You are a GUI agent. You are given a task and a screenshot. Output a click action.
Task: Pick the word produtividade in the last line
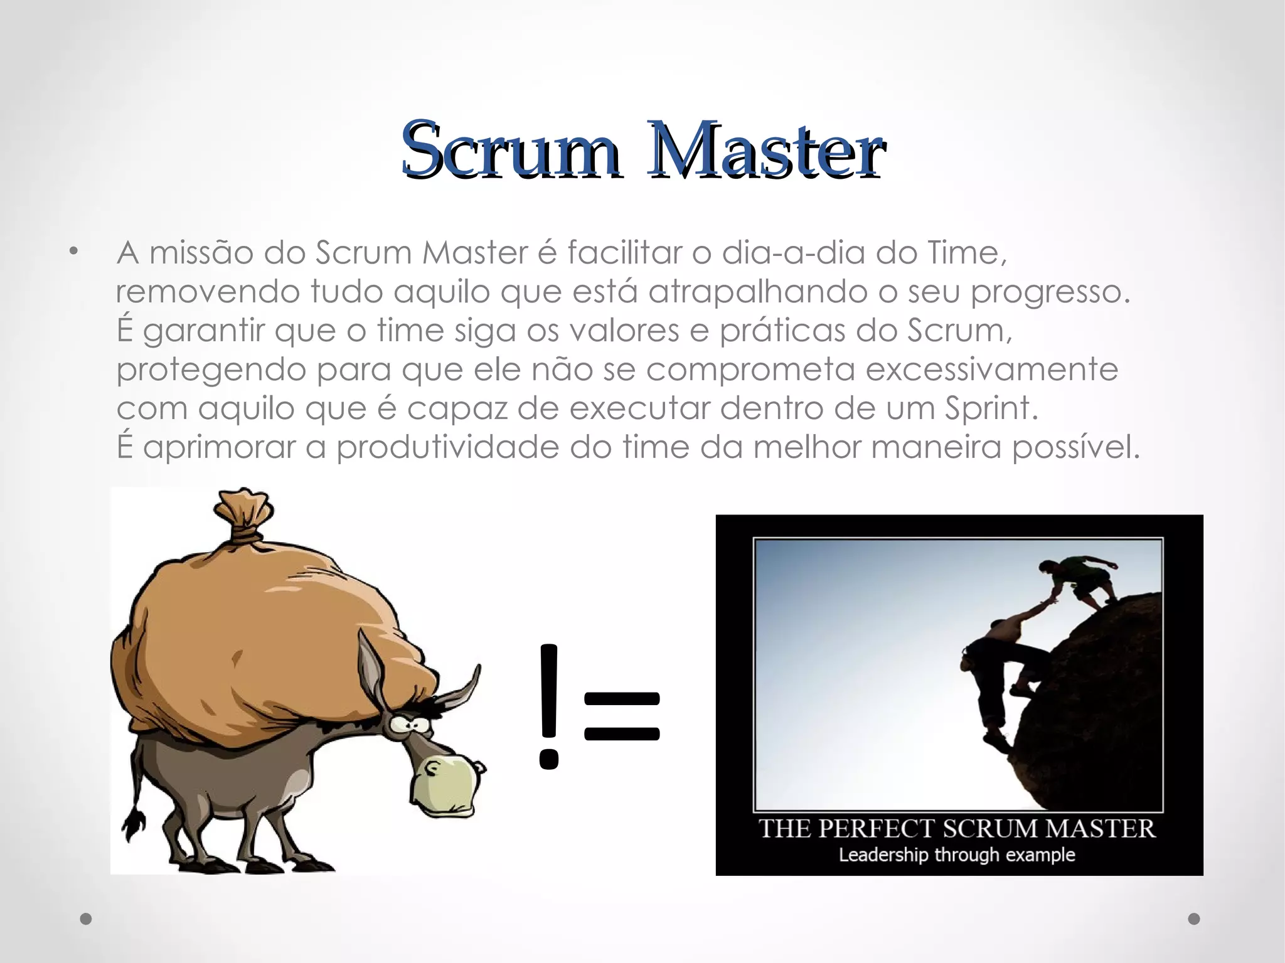(x=447, y=448)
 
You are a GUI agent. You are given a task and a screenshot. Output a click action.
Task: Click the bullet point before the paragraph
(x=74, y=253)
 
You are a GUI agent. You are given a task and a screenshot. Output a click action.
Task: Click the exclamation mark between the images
(x=548, y=706)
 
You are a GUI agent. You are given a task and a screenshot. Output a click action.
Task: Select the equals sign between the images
(x=622, y=716)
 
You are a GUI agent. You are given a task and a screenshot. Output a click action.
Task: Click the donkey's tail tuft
(x=134, y=824)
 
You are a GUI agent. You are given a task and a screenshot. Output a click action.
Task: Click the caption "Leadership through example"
(x=957, y=854)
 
